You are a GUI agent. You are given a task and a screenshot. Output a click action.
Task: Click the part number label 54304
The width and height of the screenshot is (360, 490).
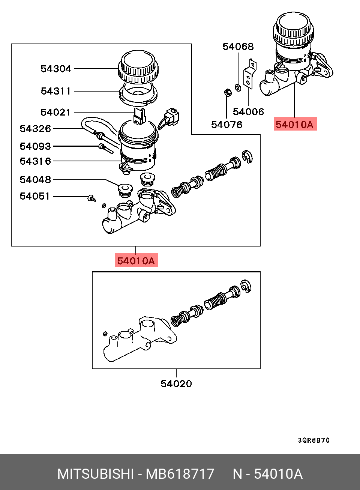pyautogui.click(x=56, y=69)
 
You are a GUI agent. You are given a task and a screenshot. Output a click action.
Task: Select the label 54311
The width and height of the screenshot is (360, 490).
pyautogui.click(x=56, y=91)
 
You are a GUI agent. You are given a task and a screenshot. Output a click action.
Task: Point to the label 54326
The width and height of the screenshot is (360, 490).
pyautogui.click(x=35, y=129)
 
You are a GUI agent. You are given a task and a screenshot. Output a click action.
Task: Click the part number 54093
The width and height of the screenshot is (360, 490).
pyautogui.click(x=35, y=146)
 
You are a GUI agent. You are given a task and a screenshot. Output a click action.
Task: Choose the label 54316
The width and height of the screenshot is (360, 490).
pyautogui.click(x=35, y=161)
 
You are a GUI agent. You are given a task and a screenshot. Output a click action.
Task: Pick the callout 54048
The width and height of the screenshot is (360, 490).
pyautogui.click(x=35, y=180)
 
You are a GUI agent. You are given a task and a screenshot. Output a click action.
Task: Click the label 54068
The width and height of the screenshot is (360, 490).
pyautogui.click(x=238, y=47)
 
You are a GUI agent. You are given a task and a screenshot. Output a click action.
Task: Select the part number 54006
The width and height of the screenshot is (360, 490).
pyautogui.click(x=248, y=112)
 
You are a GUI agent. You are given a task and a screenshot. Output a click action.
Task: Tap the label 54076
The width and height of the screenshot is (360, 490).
pyautogui.click(x=226, y=125)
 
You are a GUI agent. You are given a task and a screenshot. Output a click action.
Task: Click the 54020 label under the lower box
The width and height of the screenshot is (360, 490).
pyautogui.click(x=176, y=384)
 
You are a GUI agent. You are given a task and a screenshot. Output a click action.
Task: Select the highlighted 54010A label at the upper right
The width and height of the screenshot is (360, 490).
pyautogui.click(x=294, y=124)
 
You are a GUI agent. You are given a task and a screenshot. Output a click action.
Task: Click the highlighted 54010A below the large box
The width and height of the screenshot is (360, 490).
pyautogui.click(x=136, y=261)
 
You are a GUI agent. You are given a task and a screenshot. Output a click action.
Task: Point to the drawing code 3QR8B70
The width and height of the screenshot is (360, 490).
pyautogui.click(x=314, y=440)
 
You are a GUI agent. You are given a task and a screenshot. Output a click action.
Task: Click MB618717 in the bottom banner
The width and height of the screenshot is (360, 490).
pyautogui.click(x=180, y=474)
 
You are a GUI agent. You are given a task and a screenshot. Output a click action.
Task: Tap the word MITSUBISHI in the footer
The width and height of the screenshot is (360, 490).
pyautogui.click(x=96, y=474)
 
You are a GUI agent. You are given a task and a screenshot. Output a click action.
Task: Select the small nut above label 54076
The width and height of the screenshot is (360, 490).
pyautogui.click(x=227, y=92)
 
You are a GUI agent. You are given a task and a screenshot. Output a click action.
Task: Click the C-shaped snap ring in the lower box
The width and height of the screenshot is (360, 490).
pyautogui.click(x=246, y=287)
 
